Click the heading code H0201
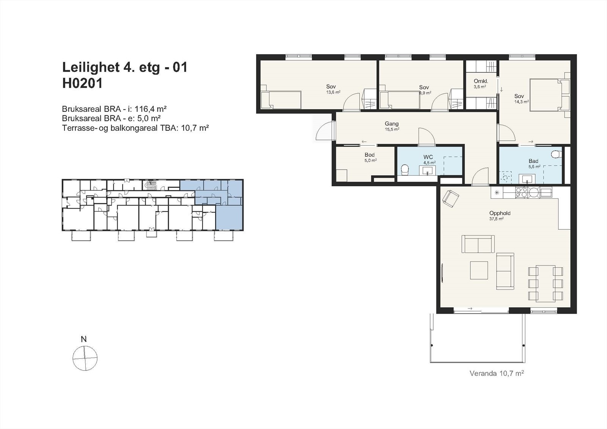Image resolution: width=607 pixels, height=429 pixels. tap(82, 83)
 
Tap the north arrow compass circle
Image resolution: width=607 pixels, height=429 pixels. tap(85, 358)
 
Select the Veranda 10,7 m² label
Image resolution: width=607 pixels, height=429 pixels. tap(497, 373)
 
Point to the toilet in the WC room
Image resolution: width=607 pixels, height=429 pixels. tap(404, 170)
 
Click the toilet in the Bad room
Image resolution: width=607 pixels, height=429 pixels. tap(556, 154)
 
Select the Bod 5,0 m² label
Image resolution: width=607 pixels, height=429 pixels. tap(370, 157)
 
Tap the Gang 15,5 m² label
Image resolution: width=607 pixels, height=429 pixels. tap(392, 126)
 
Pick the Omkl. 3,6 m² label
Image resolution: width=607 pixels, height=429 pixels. tap(480, 83)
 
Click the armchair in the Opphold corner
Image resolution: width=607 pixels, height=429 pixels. tap(451, 198)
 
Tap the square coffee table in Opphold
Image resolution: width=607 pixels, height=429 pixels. tap(479, 270)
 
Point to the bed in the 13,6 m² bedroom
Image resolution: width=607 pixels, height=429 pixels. tap(281, 100)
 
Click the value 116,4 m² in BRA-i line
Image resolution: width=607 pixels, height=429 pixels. tap(151, 109)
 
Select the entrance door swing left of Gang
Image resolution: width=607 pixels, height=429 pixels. tap(323, 132)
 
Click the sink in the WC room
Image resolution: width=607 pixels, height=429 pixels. tap(428, 170)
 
